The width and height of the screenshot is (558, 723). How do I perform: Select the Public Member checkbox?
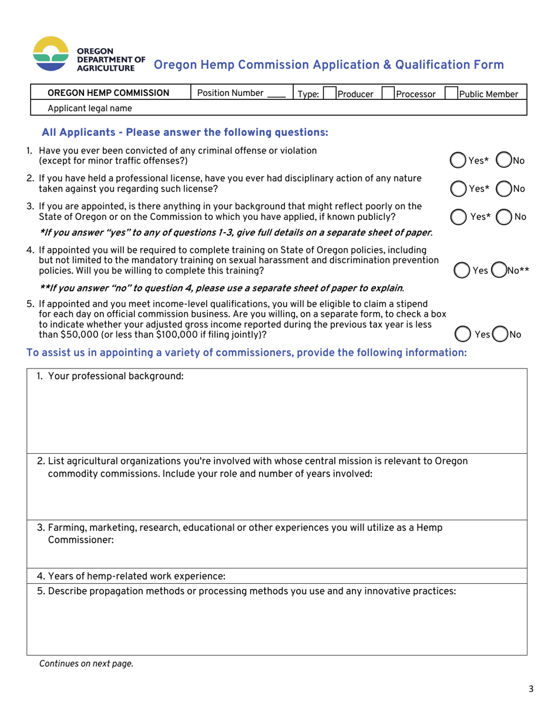click(x=451, y=93)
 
